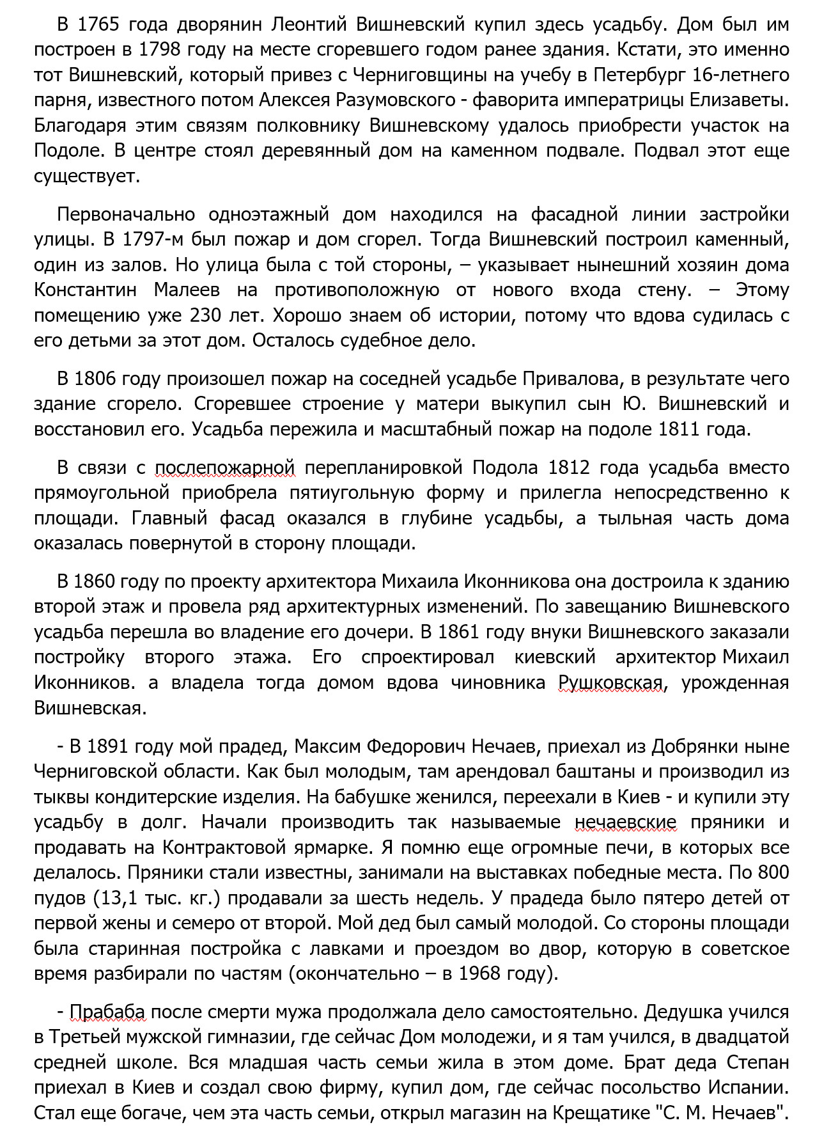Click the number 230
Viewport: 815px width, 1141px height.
(205, 315)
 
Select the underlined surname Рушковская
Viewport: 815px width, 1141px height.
(611, 682)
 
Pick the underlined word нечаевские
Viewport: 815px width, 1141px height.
(626, 822)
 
